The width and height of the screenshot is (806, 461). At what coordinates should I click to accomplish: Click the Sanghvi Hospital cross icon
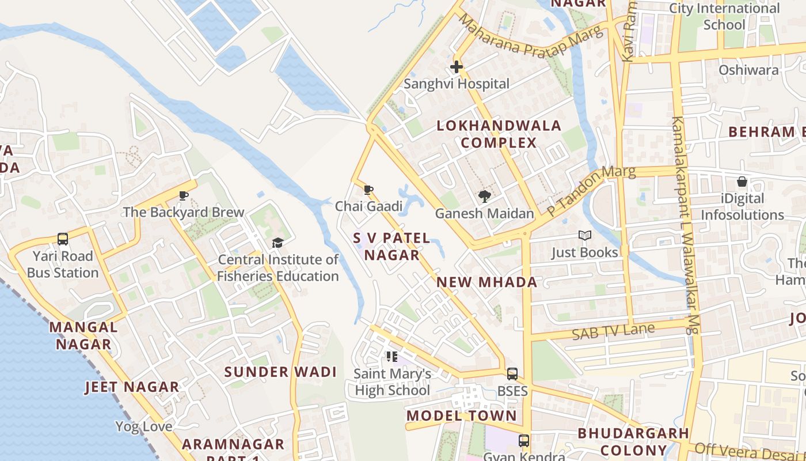[x=457, y=67]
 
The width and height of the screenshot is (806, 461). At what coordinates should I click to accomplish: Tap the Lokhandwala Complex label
[x=499, y=134]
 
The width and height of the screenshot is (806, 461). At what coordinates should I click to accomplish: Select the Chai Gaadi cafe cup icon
[x=368, y=190]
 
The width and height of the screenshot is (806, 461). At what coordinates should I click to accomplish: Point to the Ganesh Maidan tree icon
[x=484, y=197]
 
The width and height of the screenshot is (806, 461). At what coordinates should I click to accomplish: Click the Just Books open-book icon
[x=585, y=236]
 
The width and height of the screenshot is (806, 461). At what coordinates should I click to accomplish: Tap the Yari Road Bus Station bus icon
[x=63, y=239]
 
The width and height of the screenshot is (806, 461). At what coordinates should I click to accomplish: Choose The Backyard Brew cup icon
[x=184, y=195]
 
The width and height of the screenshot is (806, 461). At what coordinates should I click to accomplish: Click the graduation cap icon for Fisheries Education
[x=278, y=243]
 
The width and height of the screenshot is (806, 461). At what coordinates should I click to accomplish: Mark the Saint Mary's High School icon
[x=392, y=357]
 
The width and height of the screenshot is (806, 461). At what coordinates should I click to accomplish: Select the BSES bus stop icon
[x=512, y=374]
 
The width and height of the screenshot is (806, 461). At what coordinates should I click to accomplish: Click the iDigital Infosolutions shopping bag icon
[x=742, y=182]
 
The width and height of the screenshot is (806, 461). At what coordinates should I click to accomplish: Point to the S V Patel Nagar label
[x=391, y=247]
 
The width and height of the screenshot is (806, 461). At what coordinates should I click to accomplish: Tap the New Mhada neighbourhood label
[x=487, y=282]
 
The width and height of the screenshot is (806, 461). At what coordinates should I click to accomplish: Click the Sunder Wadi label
[x=280, y=372]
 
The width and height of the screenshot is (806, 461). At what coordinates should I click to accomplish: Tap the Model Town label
[x=462, y=416]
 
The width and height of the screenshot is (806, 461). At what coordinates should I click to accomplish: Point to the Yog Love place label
[x=143, y=427]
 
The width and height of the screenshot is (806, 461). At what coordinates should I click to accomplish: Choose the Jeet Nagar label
[x=132, y=387]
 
